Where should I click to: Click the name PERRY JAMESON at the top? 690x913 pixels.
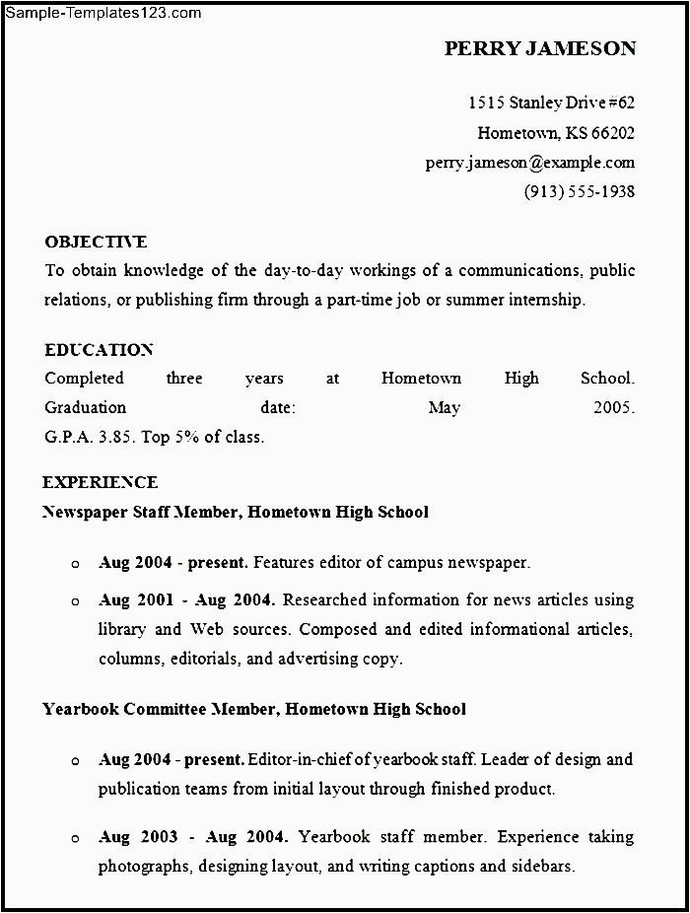(539, 48)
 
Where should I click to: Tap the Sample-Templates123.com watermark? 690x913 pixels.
(102, 13)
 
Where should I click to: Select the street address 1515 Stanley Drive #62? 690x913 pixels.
(551, 103)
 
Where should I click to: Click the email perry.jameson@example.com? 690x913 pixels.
(529, 163)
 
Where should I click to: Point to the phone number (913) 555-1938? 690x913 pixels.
(579, 192)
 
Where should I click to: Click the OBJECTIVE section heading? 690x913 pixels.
(96, 242)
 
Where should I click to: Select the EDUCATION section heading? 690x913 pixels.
(99, 350)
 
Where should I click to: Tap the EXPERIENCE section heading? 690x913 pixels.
(100, 482)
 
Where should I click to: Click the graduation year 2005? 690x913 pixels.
(613, 407)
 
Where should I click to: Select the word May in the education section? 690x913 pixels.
(445, 407)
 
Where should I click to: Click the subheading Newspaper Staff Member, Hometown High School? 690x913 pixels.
(236, 512)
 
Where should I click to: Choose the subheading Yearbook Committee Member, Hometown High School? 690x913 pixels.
(254, 709)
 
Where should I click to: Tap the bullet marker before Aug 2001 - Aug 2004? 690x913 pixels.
(75, 600)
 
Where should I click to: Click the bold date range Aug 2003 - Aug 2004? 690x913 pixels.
(193, 837)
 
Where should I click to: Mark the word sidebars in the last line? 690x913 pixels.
(541, 867)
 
